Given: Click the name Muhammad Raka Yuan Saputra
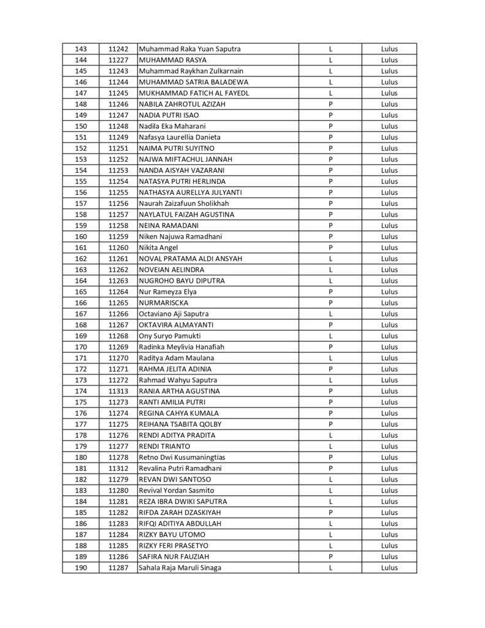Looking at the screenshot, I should point(190,49).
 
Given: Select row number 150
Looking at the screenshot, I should point(80,126).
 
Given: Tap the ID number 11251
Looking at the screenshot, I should point(118,148).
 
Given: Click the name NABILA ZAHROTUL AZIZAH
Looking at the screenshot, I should point(182,104).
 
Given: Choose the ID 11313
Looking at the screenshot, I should point(118,391).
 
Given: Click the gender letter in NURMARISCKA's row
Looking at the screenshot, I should point(330,302).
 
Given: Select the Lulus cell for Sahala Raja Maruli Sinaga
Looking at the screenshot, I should point(389,567).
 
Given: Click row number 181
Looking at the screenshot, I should point(80,468).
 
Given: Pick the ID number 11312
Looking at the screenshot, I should point(118,468).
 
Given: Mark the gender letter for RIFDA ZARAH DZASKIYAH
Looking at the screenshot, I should point(330,512).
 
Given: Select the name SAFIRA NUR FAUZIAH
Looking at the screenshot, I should point(175,556).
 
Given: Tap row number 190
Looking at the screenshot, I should point(80,567).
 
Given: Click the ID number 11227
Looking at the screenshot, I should point(118,60).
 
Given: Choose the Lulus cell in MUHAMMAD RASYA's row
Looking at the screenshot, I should point(389,60).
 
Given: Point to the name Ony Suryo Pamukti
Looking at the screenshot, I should point(170,335).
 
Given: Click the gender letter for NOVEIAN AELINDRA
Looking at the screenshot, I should point(330,269).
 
